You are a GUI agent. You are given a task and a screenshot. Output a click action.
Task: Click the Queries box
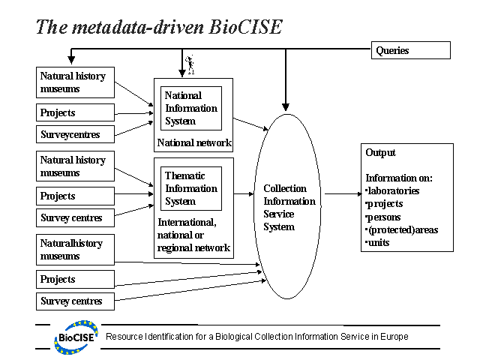click(x=411, y=50)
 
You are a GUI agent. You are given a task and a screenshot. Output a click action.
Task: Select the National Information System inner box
click(x=191, y=108)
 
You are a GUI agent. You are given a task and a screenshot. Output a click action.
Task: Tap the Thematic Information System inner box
click(x=191, y=187)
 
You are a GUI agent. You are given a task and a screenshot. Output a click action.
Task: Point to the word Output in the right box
click(x=381, y=152)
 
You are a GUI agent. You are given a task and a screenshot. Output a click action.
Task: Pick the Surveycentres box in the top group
click(x=76, y=135)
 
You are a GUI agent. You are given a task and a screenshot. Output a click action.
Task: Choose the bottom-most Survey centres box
click(x=76, y=301)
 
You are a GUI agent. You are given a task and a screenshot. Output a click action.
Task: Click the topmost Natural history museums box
click(x=76, y=82)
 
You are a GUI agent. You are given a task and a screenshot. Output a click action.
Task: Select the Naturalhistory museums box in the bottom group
click(x=76, y=250)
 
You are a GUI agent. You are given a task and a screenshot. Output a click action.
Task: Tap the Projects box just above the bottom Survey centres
click(x=76, y=279)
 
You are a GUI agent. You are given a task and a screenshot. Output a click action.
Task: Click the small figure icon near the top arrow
click(x=190, y=64)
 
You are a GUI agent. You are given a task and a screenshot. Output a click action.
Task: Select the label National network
click(x=194, y=142)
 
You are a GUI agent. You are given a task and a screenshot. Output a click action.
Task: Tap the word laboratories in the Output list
click(x=394, y=190)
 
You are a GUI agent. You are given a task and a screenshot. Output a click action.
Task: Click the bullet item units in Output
click(x=379, y=242)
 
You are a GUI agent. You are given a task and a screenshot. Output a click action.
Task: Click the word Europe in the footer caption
click(x=393, y=337)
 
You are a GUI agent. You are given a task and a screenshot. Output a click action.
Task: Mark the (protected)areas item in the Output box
click(x=403, y=229)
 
